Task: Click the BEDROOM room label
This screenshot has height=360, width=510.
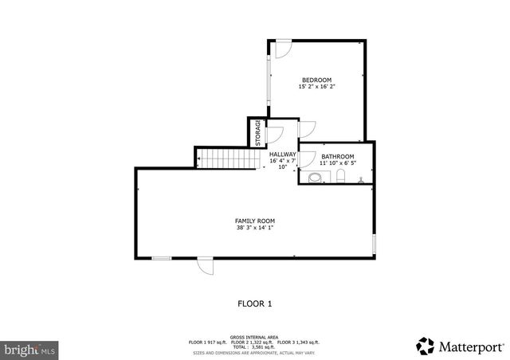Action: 316,80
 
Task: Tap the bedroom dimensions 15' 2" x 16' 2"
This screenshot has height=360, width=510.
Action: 316,88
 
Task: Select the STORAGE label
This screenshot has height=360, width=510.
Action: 257,133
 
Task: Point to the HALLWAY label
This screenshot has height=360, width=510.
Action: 283,155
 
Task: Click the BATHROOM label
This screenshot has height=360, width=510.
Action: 337,156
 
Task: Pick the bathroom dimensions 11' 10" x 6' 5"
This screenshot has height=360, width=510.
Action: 337,163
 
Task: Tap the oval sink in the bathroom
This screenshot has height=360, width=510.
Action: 315,177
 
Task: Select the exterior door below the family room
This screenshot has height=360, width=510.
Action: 206,266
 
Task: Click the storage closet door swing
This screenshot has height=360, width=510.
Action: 274,135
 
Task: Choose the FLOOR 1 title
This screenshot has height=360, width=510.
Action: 255,303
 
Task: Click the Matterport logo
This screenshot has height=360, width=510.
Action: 460,346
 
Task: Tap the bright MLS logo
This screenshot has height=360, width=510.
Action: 29,349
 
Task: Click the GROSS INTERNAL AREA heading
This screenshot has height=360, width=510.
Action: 255,337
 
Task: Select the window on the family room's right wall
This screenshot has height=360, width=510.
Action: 374,244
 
